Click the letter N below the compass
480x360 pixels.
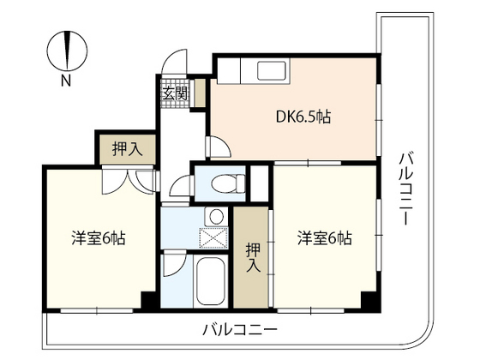pos(66,81)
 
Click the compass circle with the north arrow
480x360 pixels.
pos(68,51)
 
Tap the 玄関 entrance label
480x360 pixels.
pos(175,93)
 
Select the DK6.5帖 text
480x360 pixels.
pos(303,117)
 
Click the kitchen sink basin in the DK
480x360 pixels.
pos(272,70)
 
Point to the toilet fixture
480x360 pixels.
pos(228,183)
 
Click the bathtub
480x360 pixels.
pos(210,281)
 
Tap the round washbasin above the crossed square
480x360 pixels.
pos(216,216)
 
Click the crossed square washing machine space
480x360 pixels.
pos(213,237)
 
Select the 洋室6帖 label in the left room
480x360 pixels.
pos(99,238)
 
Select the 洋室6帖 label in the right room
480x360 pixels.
pos(325,238)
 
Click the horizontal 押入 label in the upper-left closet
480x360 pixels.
pos(128,149)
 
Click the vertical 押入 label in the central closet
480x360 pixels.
pos(254,257)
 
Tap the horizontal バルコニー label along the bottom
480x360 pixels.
pos(240,330)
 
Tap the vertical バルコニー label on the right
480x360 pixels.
pos(406,188)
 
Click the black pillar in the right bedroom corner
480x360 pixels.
pos(370,302)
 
